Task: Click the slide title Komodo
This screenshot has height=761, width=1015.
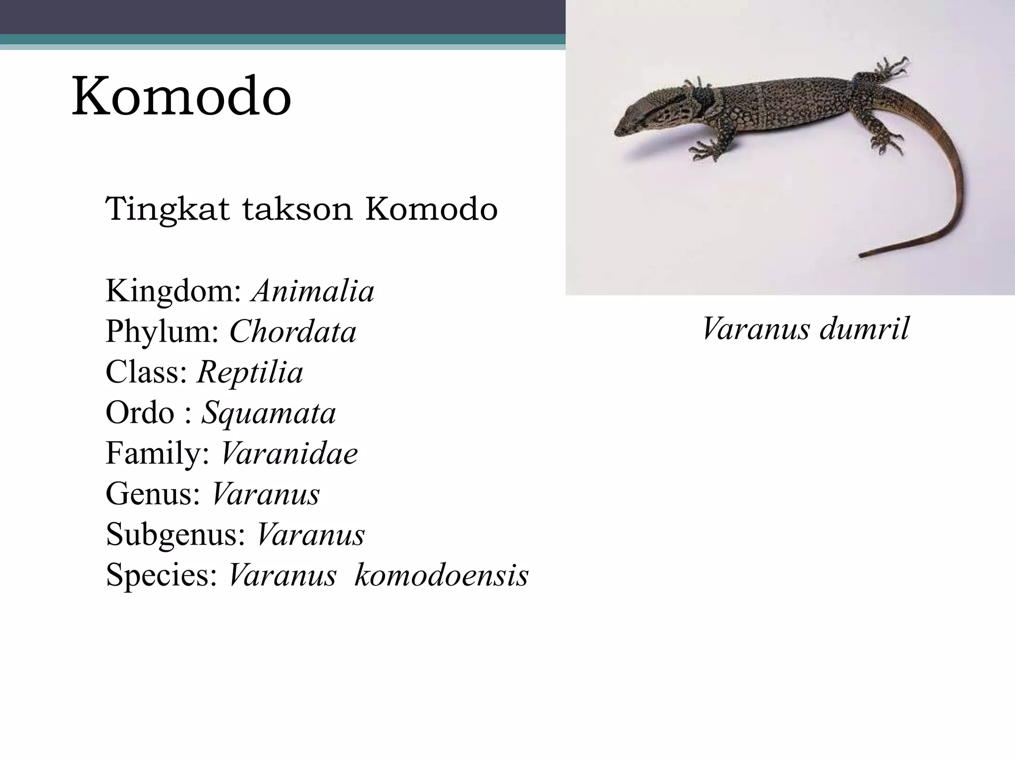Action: [x=181, y=96]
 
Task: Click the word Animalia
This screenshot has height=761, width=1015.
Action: [x=313, y=291]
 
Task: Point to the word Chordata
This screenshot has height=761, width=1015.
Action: [x=292, y=332]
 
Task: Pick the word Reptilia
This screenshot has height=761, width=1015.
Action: [x=250, y=373]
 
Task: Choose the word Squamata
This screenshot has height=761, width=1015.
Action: [x=268, y=413]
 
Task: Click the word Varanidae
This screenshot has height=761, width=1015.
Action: [x=289, y=453]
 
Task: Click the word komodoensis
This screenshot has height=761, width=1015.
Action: [x=442, y=575]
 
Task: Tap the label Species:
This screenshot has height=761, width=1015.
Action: [x=162, y=575]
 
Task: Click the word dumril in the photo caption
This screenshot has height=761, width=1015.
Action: [x=865, y=329]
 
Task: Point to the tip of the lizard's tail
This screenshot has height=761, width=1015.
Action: [x=862, y=256]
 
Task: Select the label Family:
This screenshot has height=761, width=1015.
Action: [x=158, y=453]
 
